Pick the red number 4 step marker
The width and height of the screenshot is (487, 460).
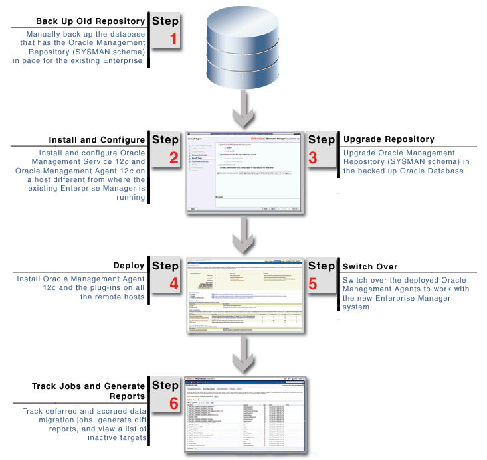click(x=173, y=284)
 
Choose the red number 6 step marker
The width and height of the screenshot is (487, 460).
click(x=173, y=403)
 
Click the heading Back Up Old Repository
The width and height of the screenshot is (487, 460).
click(x=90, y=21)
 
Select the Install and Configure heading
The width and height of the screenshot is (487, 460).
click(x=97, y=140)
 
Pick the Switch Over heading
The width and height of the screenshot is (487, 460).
click(x=370, y=266)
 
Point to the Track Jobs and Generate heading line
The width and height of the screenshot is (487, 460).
click(x=88, y=386)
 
